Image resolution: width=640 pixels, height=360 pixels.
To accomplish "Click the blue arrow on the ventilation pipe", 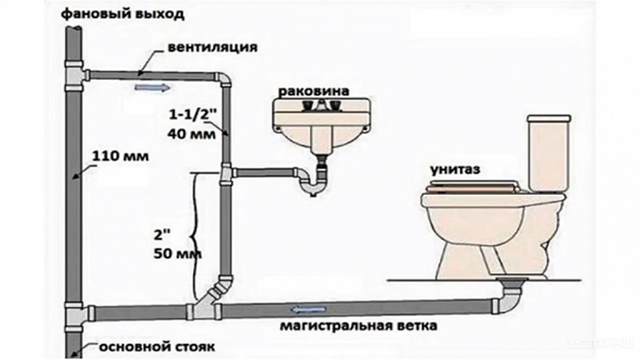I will click(147, 86).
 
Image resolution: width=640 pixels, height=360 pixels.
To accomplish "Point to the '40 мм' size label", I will click(184, 133).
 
